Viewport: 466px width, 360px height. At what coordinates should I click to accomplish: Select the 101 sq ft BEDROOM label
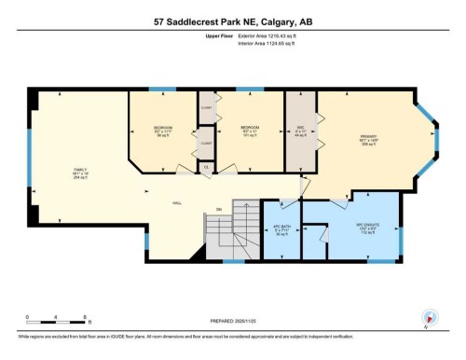(249, 130)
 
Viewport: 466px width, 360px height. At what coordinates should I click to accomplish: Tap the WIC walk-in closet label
(300, 132)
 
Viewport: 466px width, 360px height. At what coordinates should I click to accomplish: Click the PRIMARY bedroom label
(367, 142)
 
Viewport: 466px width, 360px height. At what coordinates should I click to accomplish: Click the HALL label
(175, 202)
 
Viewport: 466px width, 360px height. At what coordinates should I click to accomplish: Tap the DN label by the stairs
(219, 208)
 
